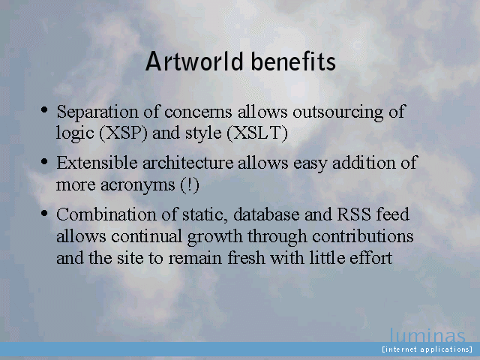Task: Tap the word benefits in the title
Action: click(293, 61)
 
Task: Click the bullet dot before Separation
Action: click(44, 109)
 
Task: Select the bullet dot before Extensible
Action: click(44, 161)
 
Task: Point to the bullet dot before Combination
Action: click(44, 213)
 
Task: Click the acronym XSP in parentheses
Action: click(123, 133)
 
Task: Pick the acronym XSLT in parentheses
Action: click(257, 133)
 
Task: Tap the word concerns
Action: click(198, 112)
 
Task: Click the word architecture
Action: click(188, 163)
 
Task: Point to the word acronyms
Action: click(138, 185)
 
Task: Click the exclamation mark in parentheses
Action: click(190, 185)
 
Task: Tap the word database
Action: click(266, 214)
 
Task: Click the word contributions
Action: click(363, 236)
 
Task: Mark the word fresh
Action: click(247, 257)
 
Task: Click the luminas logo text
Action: click(427, 335)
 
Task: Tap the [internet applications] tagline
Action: click(427, 349)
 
